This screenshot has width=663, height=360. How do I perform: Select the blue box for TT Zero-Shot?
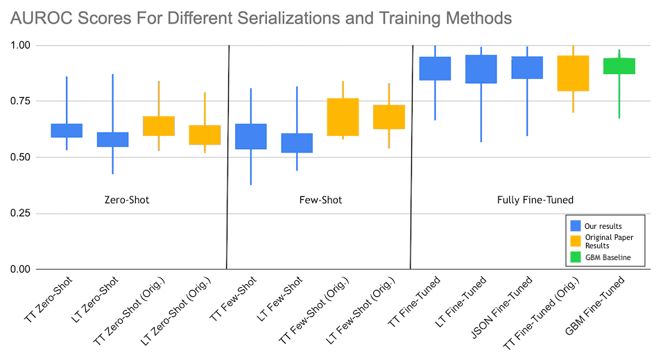click(67, 130)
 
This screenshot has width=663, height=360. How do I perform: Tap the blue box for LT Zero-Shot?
click(112, 139)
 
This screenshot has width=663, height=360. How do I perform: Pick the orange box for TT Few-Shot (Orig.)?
click(343, 117)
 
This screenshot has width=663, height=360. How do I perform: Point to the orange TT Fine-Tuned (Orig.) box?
click(574, 73)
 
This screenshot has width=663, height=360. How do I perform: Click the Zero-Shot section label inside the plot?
click(125, 200)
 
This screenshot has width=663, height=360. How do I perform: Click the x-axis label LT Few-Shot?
click(278, 302)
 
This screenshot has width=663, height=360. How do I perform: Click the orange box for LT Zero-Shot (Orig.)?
click(205, 135)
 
